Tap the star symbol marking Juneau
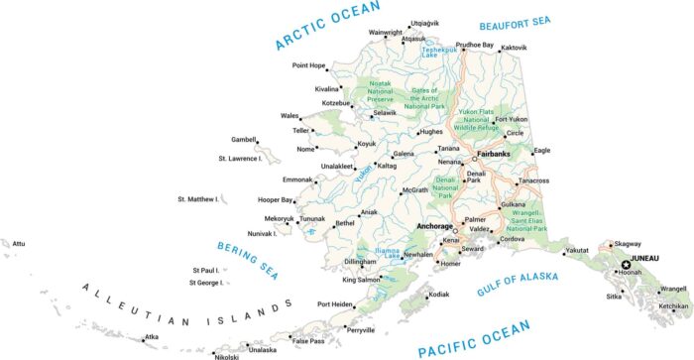click(x=626, y=265)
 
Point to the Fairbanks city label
click(x=493, y=155)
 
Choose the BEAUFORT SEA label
click(x=542, y=22)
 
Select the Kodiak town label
click(x=438, y=295)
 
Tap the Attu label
click(x=18, y=243)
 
